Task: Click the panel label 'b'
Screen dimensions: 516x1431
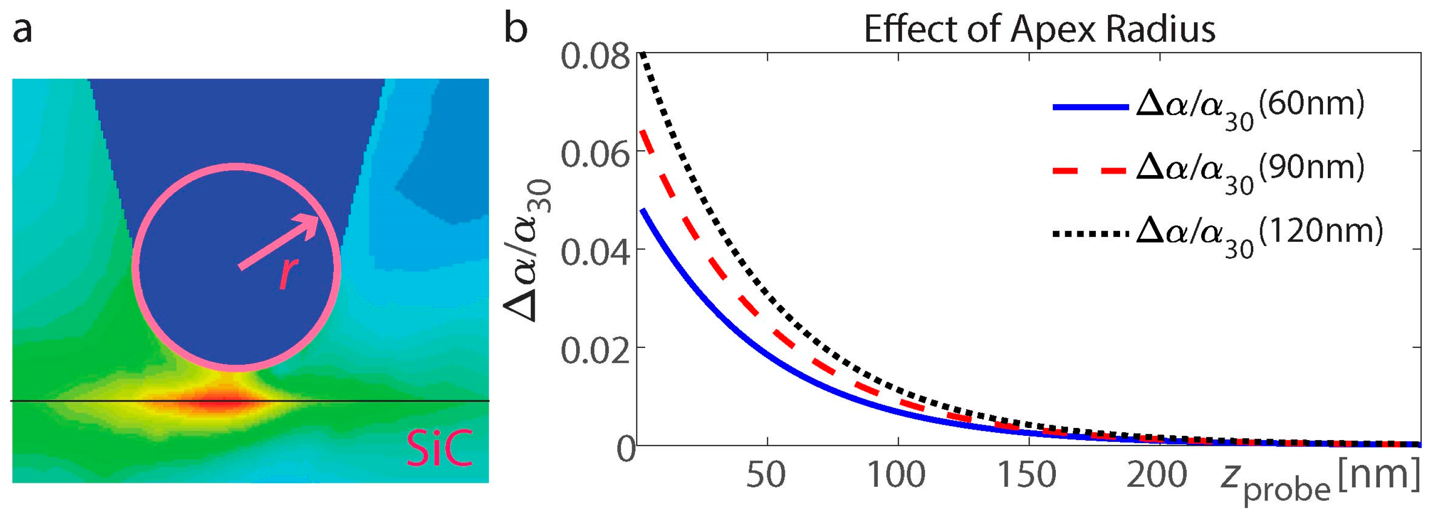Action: pos(515,29)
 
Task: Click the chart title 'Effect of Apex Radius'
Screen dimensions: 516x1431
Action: pos(1039,29)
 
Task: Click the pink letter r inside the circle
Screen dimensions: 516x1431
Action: pos(289,273)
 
